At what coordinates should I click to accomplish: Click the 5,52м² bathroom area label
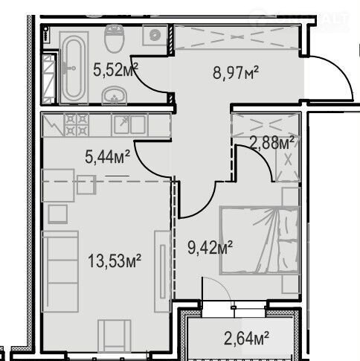[x=115, y=69]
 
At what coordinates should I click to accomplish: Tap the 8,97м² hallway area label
[x=236, y=72]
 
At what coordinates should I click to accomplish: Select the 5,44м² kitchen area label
[x=107, y=156]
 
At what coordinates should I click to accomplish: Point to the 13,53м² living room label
[x=115, y=261]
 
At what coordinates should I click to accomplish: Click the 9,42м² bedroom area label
[x=210, y=247]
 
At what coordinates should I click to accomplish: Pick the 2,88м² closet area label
[x=272, y=143]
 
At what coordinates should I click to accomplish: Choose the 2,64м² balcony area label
[x=246, y=339]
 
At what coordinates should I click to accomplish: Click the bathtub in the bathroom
[x=74, y=68]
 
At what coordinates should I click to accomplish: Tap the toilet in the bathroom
[x=115, y=38]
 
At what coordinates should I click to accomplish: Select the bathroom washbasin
[x=115, y=95]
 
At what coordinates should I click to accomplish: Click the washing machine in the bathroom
[x=155, y=35]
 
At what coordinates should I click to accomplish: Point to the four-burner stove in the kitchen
[x=77, y=125]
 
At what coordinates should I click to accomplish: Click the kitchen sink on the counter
[x=129, y=124]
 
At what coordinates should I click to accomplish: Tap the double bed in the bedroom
[x=260, y=240]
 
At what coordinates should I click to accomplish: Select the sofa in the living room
[x=60, y=272]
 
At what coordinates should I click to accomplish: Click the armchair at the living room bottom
[x=115, y=336]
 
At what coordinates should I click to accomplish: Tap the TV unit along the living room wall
[x=162, y=271]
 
